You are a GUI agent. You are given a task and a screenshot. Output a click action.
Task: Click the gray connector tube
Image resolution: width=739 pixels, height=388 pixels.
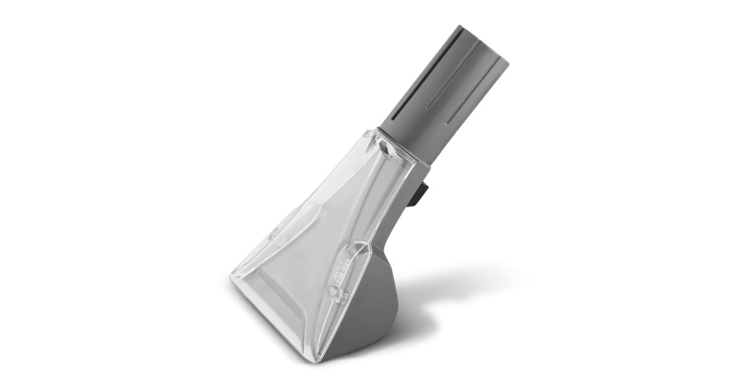[450, 86]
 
